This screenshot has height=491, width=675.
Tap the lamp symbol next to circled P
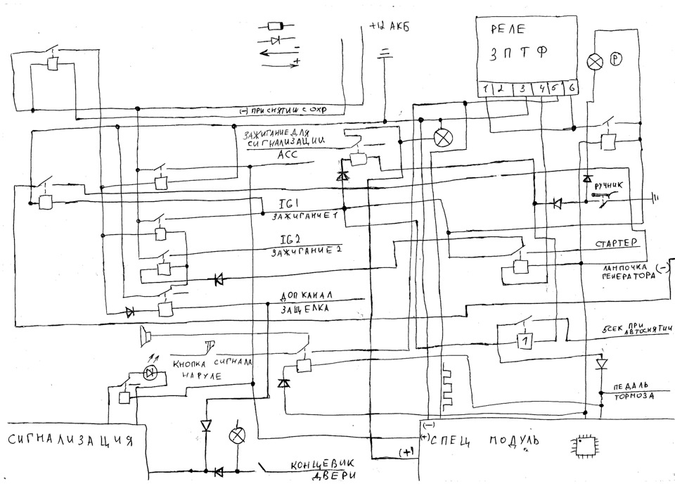click(596, 62)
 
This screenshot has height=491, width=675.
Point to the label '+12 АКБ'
click(389, 29)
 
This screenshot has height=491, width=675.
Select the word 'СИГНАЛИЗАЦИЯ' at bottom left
click(70, 442)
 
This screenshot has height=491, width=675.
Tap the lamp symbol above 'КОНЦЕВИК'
click(236, 436)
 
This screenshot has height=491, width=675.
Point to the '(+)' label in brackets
click(406, 452)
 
